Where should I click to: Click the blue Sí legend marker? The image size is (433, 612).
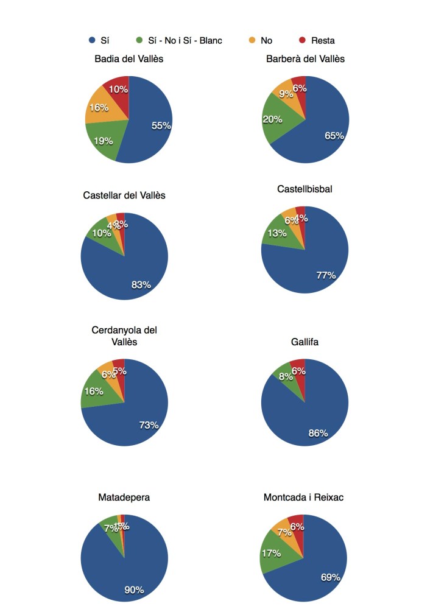tap(92, 41)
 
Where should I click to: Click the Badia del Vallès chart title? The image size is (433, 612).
tap(128, 58)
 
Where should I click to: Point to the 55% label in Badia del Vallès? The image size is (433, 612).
tap(161, 125)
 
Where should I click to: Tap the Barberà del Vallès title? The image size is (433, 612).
tap(305, 58)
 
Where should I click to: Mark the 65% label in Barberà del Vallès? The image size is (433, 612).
tap(334, 136)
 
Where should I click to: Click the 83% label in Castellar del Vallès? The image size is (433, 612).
tap(141, 284)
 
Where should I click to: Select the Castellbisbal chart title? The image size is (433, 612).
tap(305, 189)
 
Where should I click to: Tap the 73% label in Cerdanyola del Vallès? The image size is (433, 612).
tap(149, 425)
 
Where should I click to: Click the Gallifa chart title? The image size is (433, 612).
tap(305, 342)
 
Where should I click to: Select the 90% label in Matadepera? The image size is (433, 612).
tap(134, 589)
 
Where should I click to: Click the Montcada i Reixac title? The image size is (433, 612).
tap(304, 497)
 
